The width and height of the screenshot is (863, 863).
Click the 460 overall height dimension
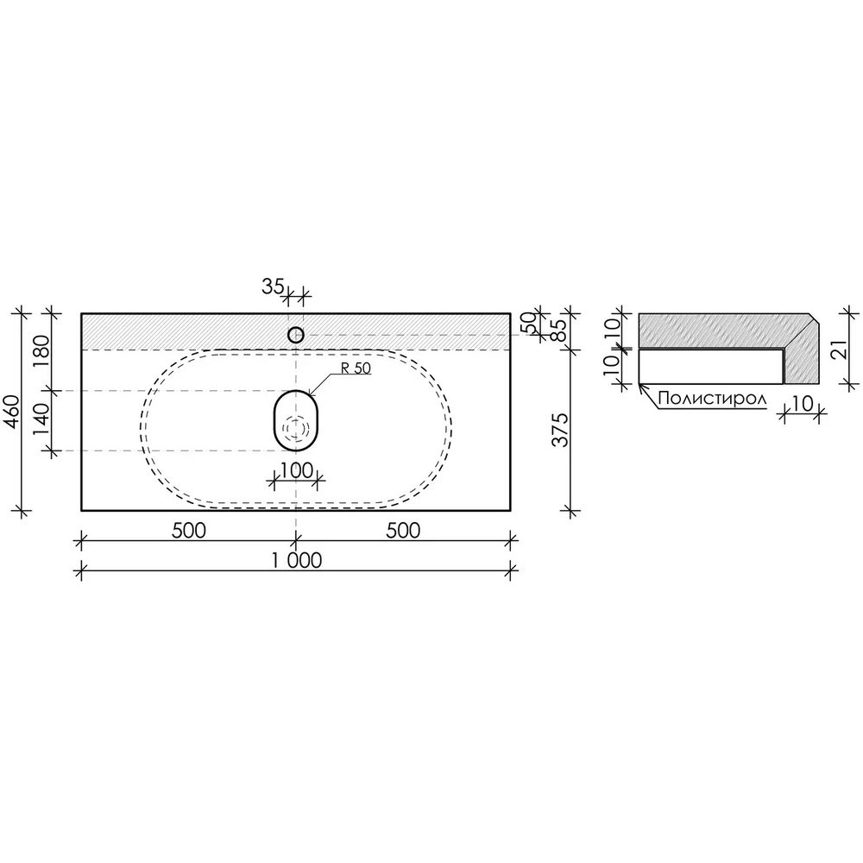[x=13, y=413]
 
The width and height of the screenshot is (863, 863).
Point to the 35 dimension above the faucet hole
[x=273, y=287]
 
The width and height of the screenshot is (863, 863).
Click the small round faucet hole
[x=296, y=335]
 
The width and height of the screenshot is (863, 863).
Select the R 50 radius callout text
[x=356, y=369]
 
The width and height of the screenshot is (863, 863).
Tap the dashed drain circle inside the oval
[x=296, y=427]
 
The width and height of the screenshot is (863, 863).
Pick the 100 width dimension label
[x=297, y=470]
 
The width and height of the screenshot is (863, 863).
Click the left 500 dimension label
[x=189, y=531]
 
